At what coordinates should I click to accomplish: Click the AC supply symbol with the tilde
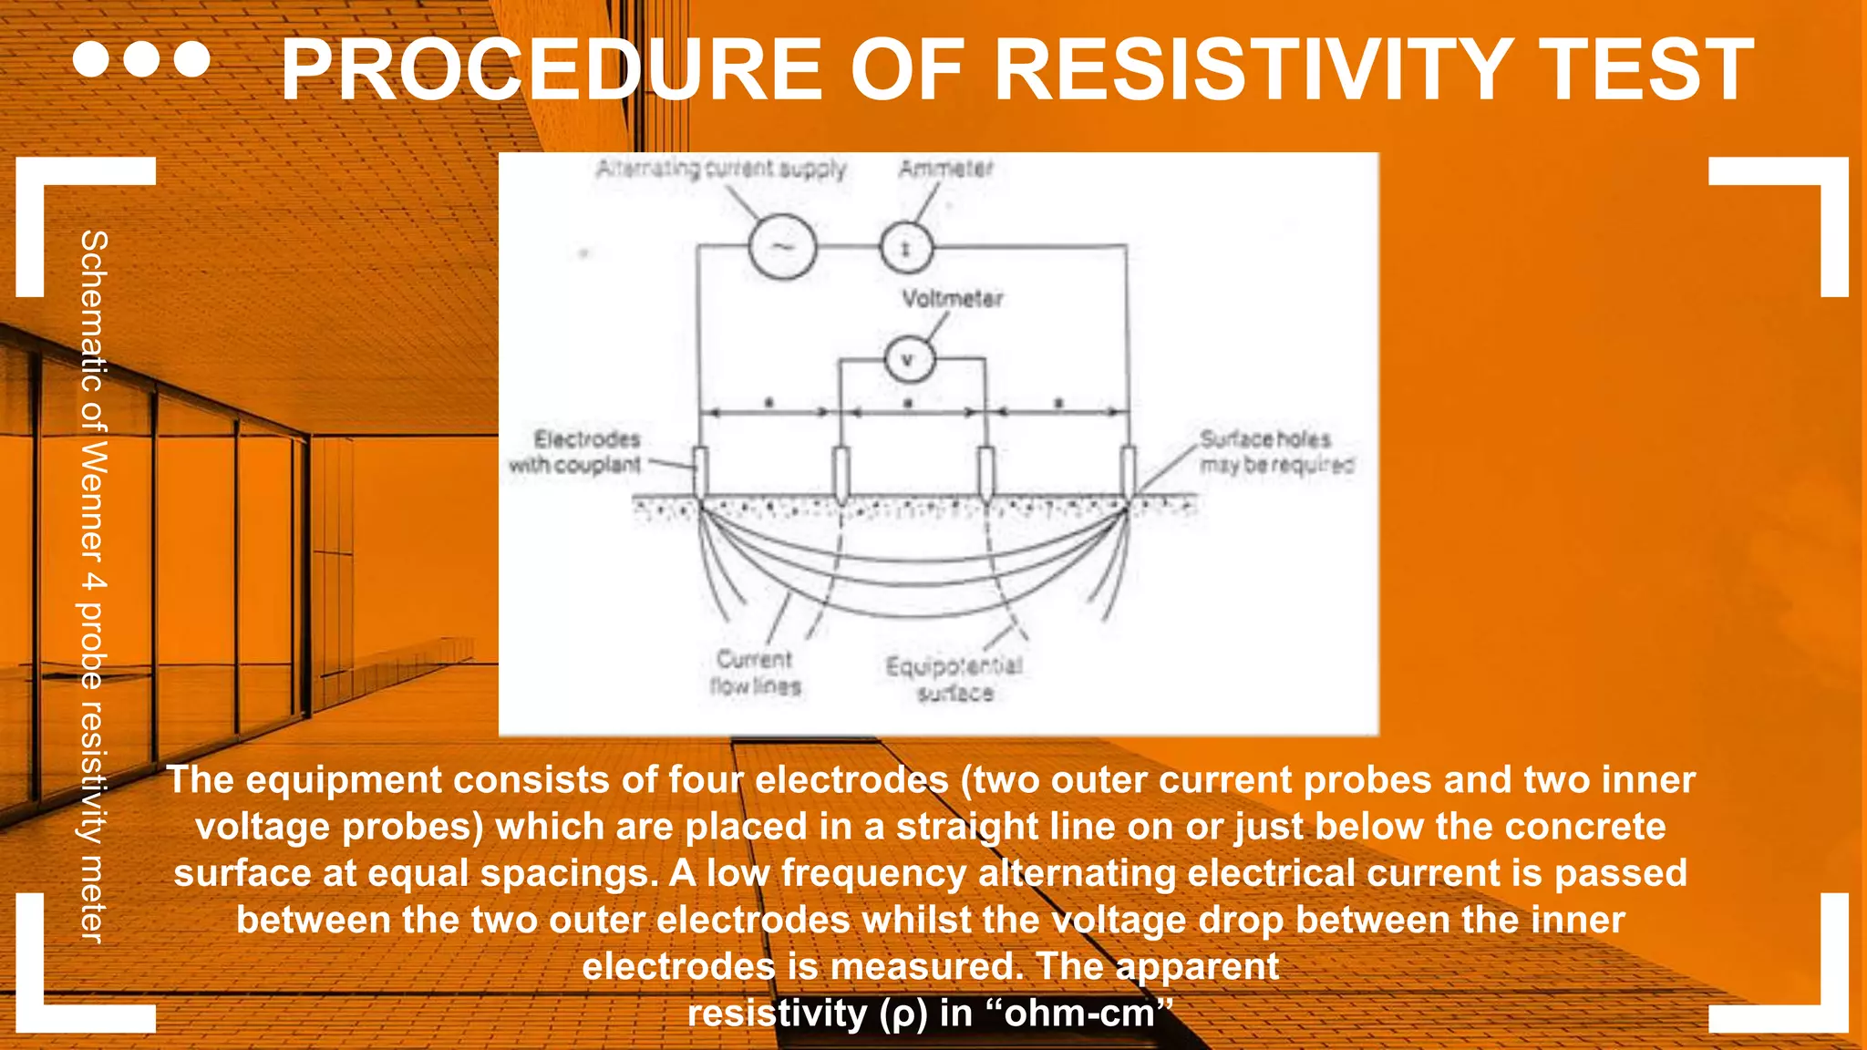pyautogui.click(x=782, y=247)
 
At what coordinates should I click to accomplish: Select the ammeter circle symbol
pyautogui.click(x=906, y=248)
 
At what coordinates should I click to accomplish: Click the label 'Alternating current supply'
pyautogui.click(x=721, y=169)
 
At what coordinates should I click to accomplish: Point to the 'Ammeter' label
pyautogui.click(x=945, y=169)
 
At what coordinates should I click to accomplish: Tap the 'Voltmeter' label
pyautogui.click(x=953, y=299)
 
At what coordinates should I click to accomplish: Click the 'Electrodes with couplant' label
pyautogui.click(x=576, y=452)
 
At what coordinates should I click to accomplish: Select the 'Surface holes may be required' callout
pyautogui.click(x=1275, y=452)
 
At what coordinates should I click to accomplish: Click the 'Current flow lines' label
pyautogui.click(x=755, y=673)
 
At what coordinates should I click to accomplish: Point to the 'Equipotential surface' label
pyautogui.click(x=954, y=680)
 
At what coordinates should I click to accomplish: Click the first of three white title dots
pyautogui.click(x=90, y=59)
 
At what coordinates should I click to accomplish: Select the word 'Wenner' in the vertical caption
pyautogui.click(x=94, y=500)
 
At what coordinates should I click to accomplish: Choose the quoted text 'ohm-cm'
pyautogui.click(x=1079, y=1014)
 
